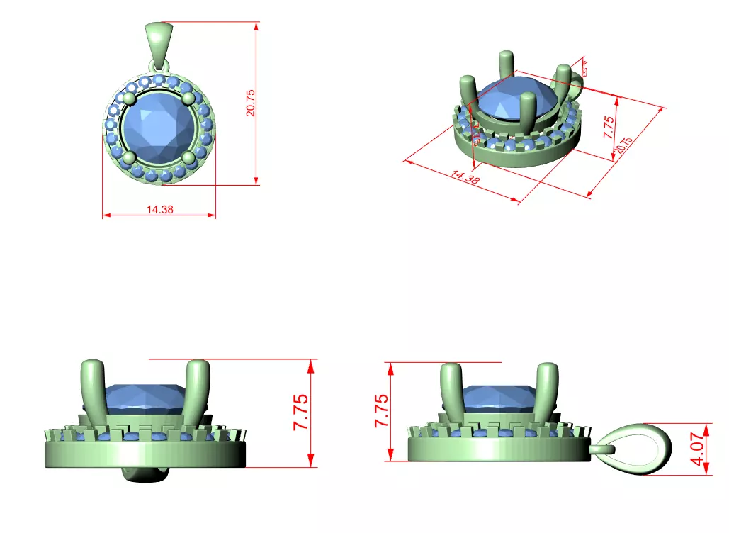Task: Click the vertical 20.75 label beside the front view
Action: click(x=250, y=103)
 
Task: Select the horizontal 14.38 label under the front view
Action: click(x=160, y=210)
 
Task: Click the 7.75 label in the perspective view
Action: click(x=608, y=126)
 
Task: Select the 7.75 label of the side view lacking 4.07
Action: click(x=301, y=413)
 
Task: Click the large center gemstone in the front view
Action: click(x=158, y=128)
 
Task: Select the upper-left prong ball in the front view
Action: click(x=128, y=98)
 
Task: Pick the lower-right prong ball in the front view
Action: click(x=188, y=157)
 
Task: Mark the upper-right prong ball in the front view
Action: click(x=188, y=98)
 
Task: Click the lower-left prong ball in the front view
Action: click(x=129, y=157)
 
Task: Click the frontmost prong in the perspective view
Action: click(x=527, y=113)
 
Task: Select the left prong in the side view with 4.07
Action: click(x=451, y=393)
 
